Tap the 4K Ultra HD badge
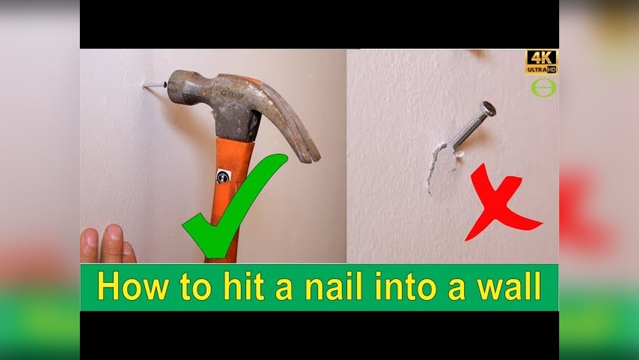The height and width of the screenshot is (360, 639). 541,62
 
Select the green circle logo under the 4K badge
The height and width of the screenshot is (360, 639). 543,88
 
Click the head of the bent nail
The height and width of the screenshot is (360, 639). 488,109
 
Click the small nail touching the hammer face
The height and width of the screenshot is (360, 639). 154,84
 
